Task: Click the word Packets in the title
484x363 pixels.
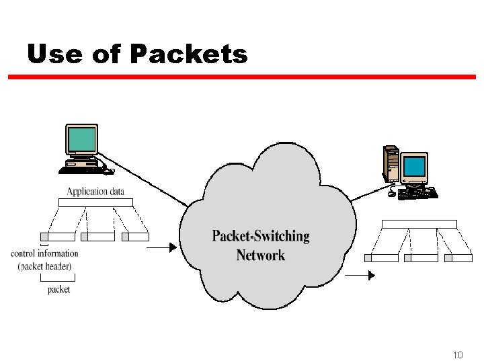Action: pos(189,54)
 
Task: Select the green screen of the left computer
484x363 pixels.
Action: pos(82,139)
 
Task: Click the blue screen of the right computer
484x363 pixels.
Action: pos(414,165)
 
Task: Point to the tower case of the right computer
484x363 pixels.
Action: pos(391,163)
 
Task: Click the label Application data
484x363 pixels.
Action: pos(95,191)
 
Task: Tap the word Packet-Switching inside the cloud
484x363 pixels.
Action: pos(261,236)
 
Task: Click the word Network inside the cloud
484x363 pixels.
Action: pos(261,255)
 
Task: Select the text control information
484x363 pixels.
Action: pos(44,253)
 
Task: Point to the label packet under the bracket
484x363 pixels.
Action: pos(59,290)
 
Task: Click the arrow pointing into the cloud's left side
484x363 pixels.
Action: pos(161,248)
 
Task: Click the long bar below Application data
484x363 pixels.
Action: pos(95,202)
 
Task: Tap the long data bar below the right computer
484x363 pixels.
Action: pos(419,224)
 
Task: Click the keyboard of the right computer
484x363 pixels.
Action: pos(417,193)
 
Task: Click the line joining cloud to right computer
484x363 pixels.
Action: pos(368,192)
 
